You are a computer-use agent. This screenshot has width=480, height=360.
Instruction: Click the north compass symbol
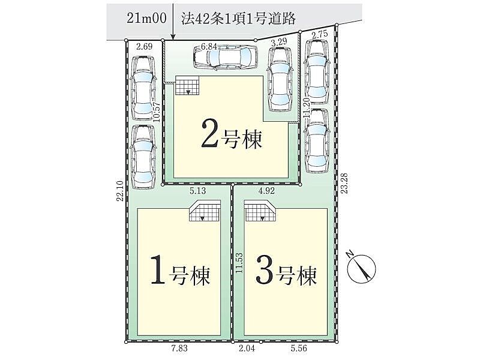tap(362, 267)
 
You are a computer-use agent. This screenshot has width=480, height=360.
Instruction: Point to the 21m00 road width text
tap(146, 19)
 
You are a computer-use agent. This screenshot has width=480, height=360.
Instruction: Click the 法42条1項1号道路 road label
tap(238, 19)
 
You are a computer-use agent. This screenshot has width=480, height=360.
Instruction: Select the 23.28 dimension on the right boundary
tap(344, 184)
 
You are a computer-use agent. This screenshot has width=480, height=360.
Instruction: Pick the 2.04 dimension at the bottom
tap(247, 349)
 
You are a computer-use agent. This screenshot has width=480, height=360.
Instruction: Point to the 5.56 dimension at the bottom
tap(299, 349)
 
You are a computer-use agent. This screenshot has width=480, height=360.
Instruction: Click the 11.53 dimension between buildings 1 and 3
tap(239, 263)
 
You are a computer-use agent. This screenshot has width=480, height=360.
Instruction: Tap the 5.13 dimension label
tap(198, 191)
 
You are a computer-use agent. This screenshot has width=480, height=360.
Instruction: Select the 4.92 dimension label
tap(266, 191)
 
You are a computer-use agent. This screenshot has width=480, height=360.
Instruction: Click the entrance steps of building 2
tap(187, 85)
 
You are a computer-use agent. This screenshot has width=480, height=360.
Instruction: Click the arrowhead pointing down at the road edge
tap(173, 37)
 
